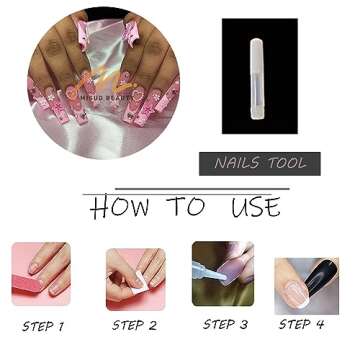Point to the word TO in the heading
coord(186,206)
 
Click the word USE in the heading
coord(255,206)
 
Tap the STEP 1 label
coord(42,326)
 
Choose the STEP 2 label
coord(134,325)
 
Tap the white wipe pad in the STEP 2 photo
coord(126,291)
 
